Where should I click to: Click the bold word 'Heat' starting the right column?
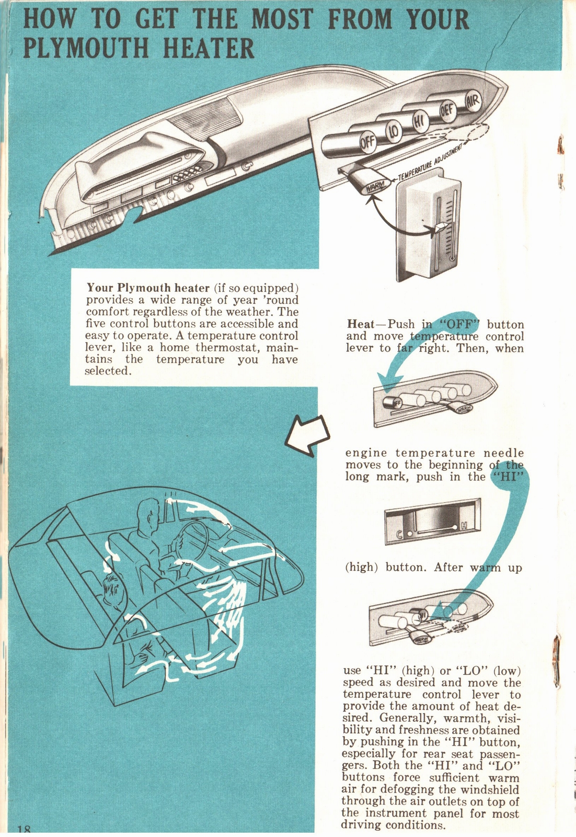coord(360,324)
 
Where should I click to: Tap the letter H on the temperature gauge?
coord(462,526)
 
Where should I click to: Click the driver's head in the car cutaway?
coord(149,514)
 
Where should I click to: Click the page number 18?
coord(24,830)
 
